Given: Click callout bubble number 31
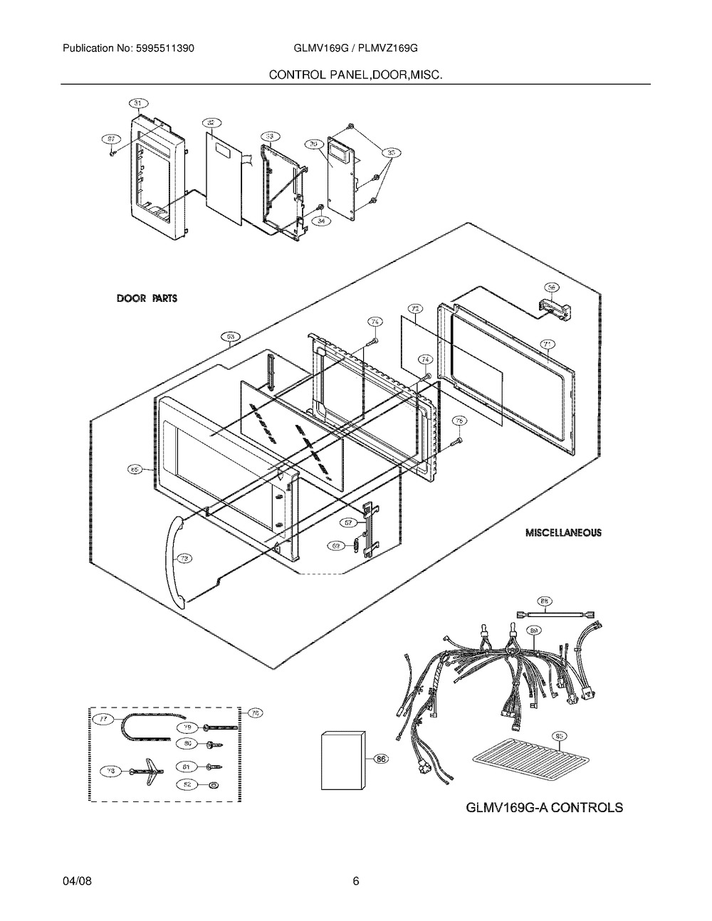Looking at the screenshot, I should click(x=141, y=102).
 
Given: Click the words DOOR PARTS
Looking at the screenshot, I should click(x=147, y=298).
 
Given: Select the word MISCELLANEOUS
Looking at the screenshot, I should click(x=562, y=532).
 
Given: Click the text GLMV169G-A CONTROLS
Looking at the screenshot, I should click(x=544, y=807).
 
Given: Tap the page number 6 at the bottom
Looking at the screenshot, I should click(x=356, y=882).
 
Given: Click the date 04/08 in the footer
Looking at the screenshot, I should click(x=76, y=882).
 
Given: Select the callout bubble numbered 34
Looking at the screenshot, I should click(x=324, y=221).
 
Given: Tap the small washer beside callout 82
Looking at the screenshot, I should click(x=214, y=784).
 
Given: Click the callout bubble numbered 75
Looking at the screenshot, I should click(x=460, y=421).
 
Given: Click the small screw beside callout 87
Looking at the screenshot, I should click(x=112, y=152).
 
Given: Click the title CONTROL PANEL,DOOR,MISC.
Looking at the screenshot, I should click(x=355, y=74).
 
